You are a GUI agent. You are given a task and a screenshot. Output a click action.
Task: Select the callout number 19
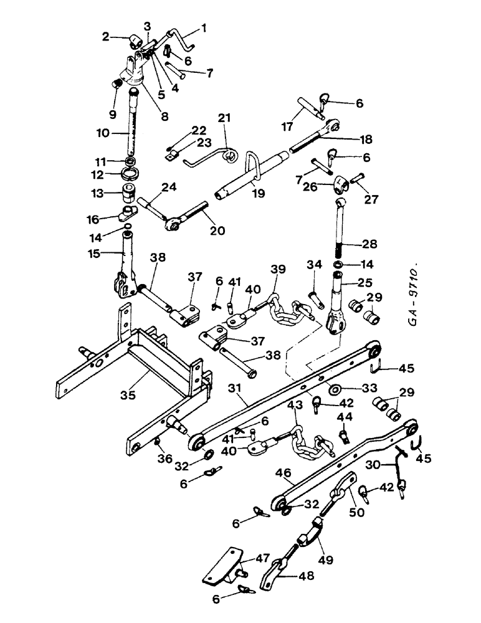(257, 194)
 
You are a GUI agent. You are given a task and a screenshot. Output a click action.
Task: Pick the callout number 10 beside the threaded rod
(103, 133)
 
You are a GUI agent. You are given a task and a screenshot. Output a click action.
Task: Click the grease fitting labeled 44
(343, 430)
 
